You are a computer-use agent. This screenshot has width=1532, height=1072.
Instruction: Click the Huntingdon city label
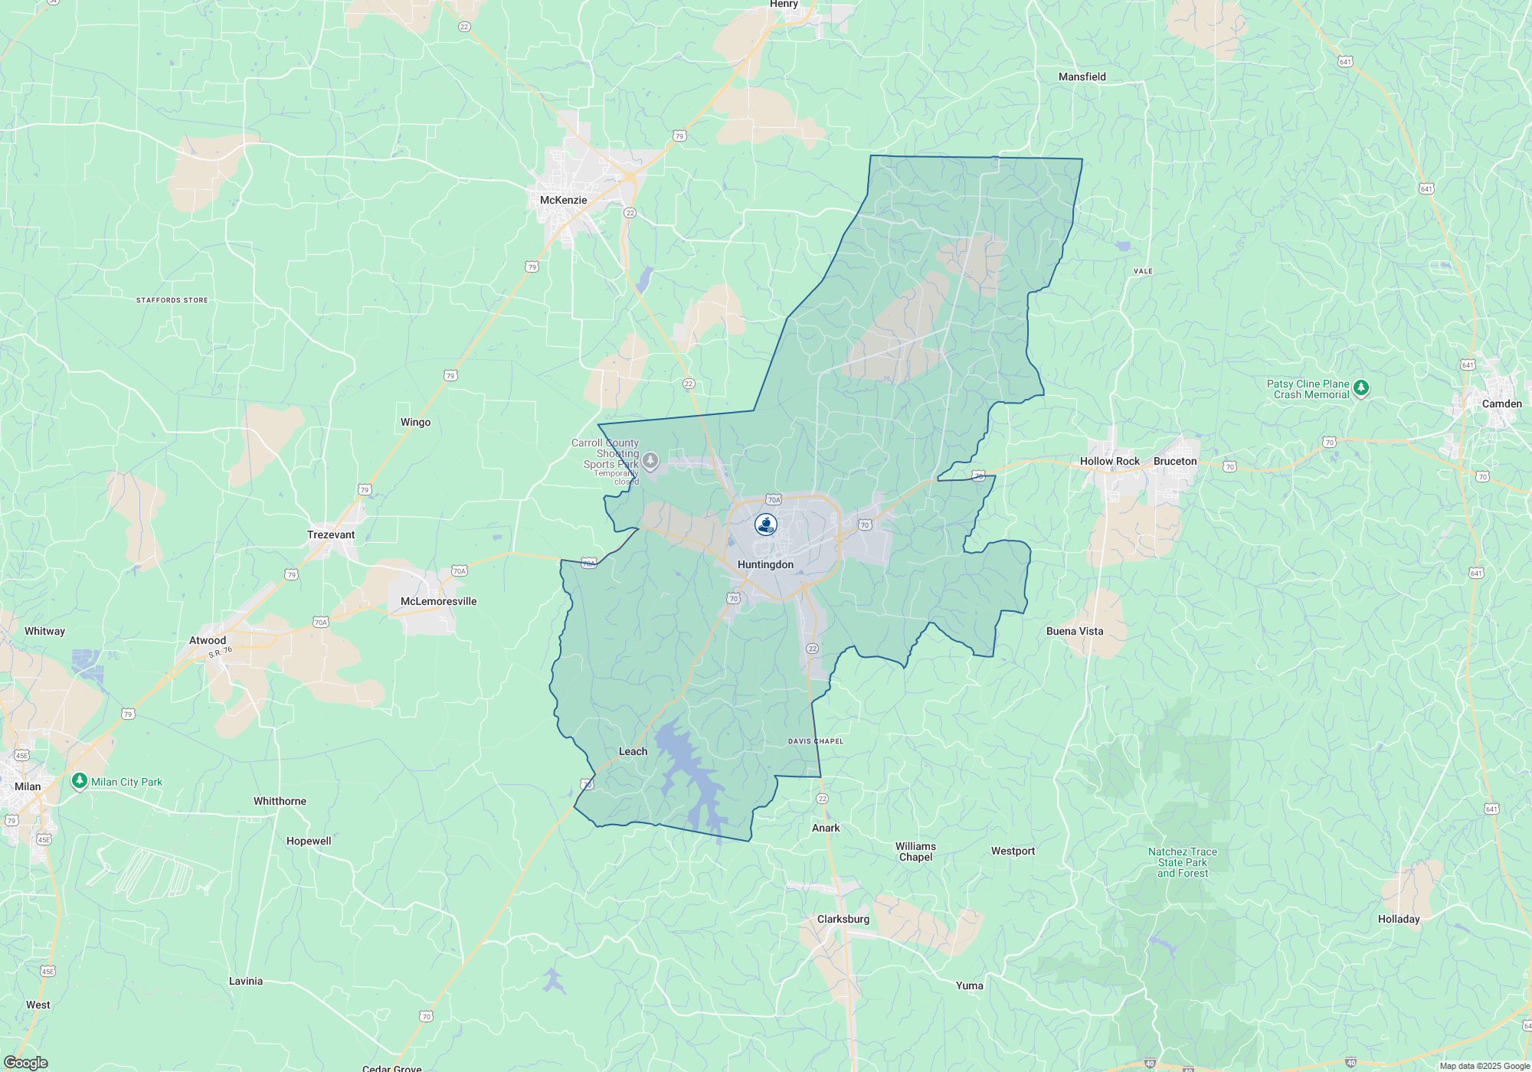tap(765, 564)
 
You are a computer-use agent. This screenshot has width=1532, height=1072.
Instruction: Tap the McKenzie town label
tap(563, 200)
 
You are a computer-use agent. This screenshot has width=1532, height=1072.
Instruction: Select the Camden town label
tap(1501, 404)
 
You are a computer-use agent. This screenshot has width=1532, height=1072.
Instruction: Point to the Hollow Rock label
tap(1109, 461)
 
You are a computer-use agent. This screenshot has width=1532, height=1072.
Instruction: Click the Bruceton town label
tap(1174, 461)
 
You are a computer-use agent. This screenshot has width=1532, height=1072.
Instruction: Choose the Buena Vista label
tap(1074, 631)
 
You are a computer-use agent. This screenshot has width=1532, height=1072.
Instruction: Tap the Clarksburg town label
tap(843, 919)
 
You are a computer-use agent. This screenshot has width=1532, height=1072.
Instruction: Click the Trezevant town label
tap(331, 534)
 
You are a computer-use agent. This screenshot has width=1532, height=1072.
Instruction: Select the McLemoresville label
tap(438, 601)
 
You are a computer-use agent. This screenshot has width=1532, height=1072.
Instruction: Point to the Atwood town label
tap(208, 640)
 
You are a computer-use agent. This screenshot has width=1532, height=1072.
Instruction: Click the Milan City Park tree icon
tap(79, 781)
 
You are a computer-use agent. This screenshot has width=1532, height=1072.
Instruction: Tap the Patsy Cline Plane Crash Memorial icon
tap(1360, 388)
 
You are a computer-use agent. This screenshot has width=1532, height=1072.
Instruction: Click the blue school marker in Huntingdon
tap(765, 525)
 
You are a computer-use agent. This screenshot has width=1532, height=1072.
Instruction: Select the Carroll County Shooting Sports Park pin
tap(650, 460)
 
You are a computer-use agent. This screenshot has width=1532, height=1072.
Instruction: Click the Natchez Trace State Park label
tap(1182, 862)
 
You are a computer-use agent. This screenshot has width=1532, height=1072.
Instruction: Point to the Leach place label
tap(633, 751)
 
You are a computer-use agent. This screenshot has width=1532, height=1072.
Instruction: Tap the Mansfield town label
tap(1082, 77)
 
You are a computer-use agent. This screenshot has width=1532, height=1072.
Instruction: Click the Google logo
tap(25, 1062)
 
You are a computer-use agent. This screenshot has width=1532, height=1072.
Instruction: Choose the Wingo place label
tap(415, 422)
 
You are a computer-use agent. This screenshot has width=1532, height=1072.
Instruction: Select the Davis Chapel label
tap(815, 741)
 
